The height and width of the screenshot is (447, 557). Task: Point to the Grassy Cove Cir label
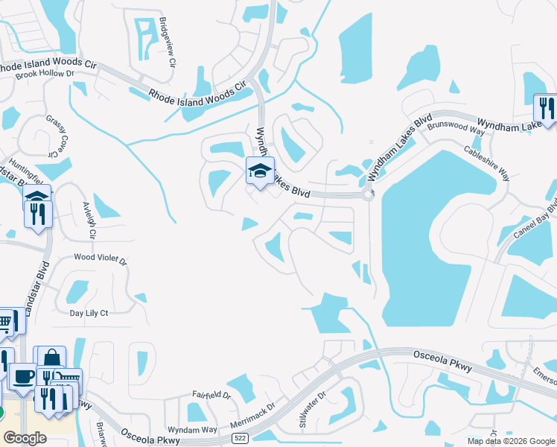[x=57, y=136]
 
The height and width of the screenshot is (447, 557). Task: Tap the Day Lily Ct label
[x=89, y=314]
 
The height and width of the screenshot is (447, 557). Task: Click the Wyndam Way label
[x=192, y=430]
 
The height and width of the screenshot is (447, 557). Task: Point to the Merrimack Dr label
[x=252, y=416]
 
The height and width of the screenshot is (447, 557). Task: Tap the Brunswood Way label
[x=456, y=127]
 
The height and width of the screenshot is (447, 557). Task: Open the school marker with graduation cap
[x=260, y=171]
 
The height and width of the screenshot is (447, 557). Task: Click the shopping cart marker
[x=5, y=322]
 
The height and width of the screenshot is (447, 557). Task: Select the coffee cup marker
[x=23, y=375]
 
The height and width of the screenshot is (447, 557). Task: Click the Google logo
[x=25, y=438]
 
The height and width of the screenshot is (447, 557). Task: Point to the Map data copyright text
[x=511, y=441]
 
